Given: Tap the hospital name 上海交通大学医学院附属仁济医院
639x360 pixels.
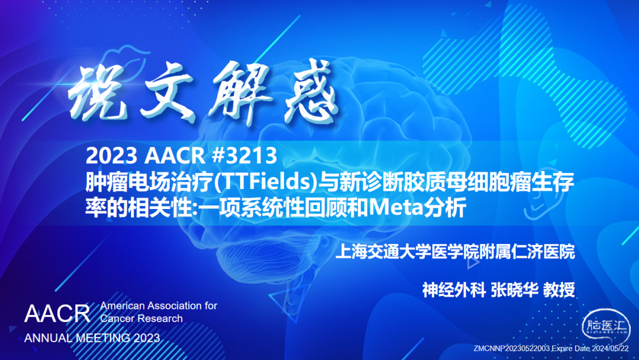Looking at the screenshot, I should click(454, 253).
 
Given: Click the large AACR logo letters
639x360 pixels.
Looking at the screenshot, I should click(57, 313).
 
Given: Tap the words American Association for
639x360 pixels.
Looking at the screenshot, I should click(159, 306).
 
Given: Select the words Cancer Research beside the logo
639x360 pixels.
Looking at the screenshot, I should click(141, 319).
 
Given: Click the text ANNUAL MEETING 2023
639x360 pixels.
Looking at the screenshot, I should click(92, 338).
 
